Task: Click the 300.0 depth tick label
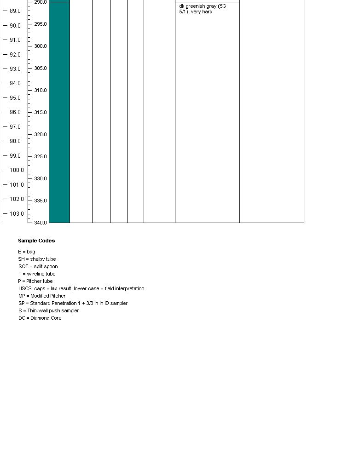click(40, 46)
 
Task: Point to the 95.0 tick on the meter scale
click(15, 98)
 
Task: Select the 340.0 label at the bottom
click(40, 223)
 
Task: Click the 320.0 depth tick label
click(40, 134)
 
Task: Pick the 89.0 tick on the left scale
click(15, 11)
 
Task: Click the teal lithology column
click(59, 115)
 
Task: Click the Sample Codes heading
click(36, 241)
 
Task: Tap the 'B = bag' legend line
click(27, 252)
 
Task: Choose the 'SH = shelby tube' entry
click(37, 259)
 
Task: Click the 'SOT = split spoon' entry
click(38, 266)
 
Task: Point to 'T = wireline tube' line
click(37, 274)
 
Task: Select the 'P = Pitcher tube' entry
click(35, 281)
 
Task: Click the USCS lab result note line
click(81, 288)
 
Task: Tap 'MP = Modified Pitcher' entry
click(42, 296)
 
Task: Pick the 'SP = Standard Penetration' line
click(73, 303)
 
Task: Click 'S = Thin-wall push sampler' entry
click(48, 310)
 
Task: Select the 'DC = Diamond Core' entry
click(40, 318)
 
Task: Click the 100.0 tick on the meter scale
click(16, 170)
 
